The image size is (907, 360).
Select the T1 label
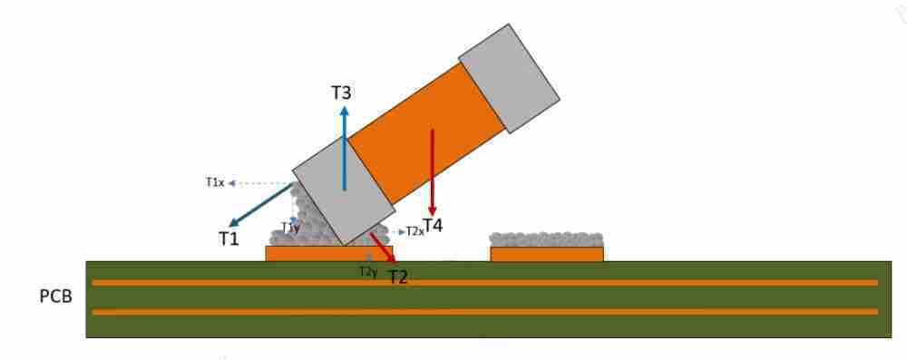pos(228,238)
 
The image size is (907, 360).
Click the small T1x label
pos(214,182)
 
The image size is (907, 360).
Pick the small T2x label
pos(414,231)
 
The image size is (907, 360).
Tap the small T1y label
pos(290,227)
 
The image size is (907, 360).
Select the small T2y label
pos(367,271)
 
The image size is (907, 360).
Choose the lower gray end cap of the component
pos(340,190)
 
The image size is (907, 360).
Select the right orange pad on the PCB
pos(546,255)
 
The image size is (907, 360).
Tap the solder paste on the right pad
pos(546,239)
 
